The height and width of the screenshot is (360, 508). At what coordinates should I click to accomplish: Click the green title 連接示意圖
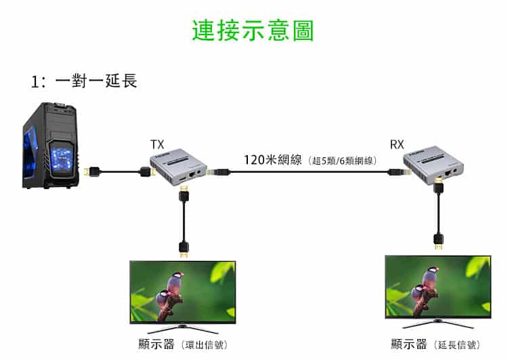click(x=253, y=31)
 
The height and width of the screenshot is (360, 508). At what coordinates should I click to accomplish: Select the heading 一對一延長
click(x=96, y=81)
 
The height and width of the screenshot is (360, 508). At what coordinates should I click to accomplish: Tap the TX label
click(x=157, y=144)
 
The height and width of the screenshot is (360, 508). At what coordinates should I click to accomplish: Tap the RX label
click(x=397, y=144)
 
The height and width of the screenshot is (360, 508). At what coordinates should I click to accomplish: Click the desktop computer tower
click(x=51, y=146)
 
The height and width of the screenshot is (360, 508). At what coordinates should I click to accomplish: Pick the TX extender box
click(x=179, y=167)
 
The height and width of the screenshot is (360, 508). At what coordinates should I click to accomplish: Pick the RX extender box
click(x=433, y=165)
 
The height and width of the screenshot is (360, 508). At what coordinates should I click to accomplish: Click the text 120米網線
click(x=272, y=160)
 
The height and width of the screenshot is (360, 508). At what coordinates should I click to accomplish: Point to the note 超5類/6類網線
click(x=343, y=161)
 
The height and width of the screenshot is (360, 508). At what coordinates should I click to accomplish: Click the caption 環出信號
click(x=205, y=345)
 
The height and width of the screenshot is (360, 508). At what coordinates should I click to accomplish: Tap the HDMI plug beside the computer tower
click(x=92, y=172)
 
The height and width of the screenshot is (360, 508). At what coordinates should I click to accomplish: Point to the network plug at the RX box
click(x=398, y=172)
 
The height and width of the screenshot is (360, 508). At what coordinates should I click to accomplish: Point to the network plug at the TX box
click(x=219, y=172)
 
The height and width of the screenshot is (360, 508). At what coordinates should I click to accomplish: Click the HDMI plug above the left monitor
click(x=184, y=248)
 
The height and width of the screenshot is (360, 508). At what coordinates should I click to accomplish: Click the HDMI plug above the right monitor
click(x=438, y=241)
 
